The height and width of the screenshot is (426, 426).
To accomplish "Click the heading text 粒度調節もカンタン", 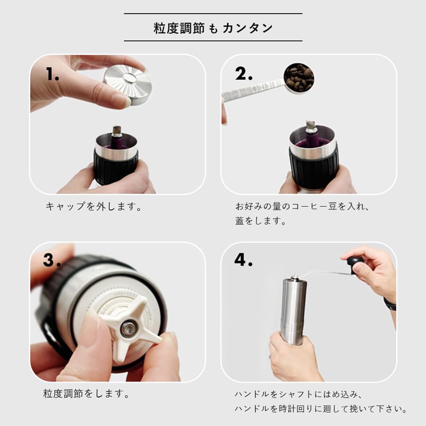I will pos(213,28).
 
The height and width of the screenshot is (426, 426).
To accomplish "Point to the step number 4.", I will pos(243,259).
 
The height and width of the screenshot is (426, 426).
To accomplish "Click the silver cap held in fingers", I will pos(127,85).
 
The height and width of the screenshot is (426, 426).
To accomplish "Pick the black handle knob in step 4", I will pos(355,262).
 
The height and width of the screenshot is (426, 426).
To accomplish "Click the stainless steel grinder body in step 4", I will pos(293,308).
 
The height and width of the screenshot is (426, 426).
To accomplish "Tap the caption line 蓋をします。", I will pos(261,221).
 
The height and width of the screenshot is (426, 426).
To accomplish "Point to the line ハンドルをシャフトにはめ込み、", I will pos(298,394).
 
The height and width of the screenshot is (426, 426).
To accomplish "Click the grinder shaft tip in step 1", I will pos(116,130).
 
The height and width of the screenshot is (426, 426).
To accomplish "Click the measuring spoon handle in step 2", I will pos(251,91).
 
